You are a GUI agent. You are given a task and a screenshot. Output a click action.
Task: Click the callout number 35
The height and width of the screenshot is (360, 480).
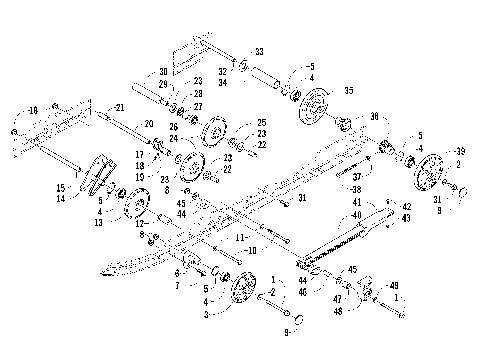348,90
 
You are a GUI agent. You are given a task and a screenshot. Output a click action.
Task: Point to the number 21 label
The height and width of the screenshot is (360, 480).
120,107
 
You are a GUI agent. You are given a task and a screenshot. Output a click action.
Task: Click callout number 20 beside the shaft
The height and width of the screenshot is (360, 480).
150,123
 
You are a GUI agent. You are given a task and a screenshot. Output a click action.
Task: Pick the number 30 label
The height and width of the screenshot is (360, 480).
163,72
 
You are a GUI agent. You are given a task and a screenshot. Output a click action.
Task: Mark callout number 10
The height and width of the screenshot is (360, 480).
251,248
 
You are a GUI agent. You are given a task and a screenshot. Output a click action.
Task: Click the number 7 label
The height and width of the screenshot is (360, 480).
177,285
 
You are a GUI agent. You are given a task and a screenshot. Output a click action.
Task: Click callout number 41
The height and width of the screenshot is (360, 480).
355,204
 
